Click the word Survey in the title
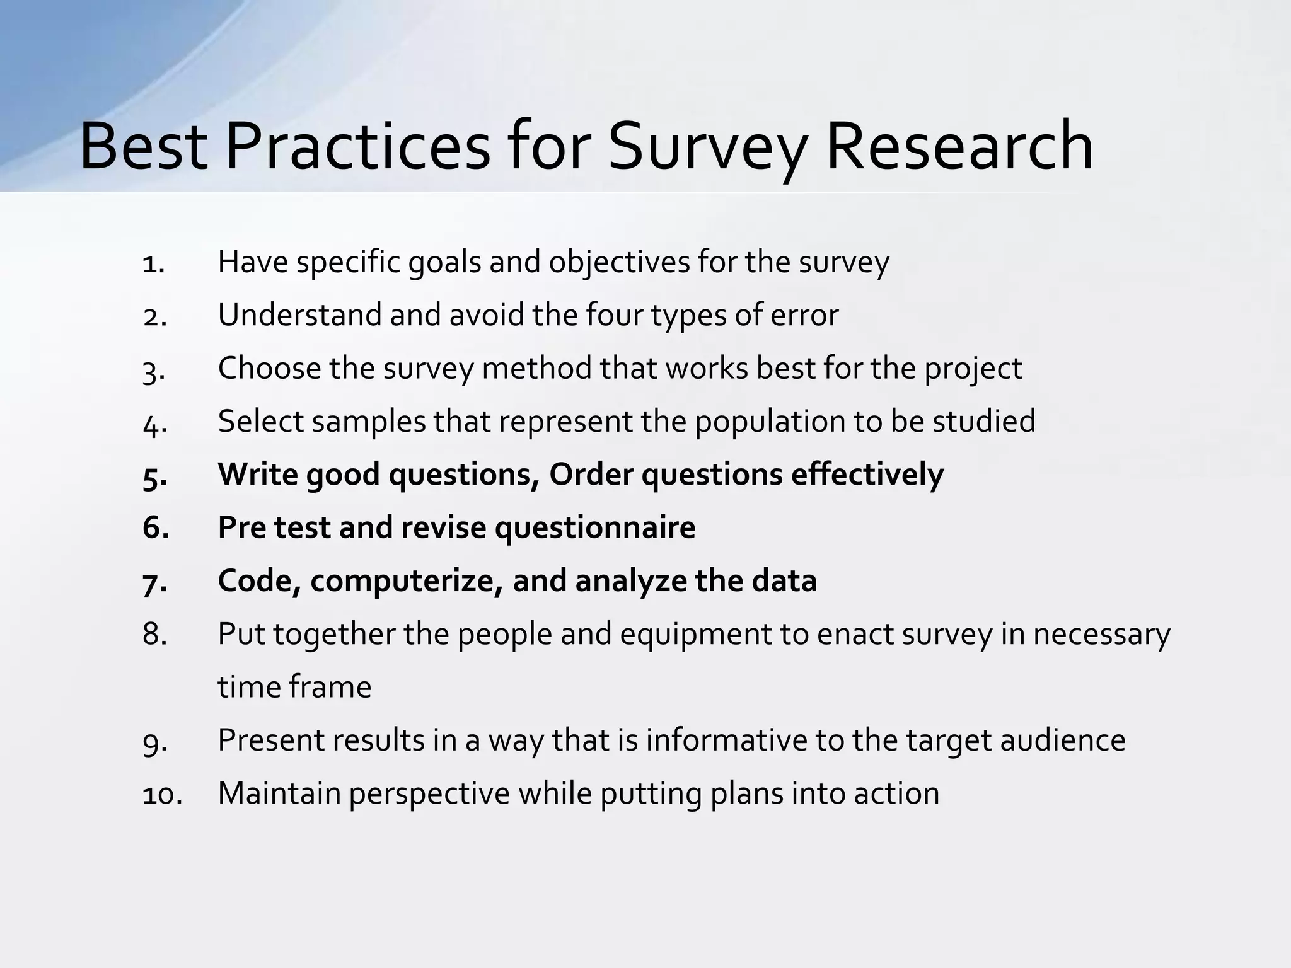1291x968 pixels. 707,147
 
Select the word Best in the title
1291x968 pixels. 143,147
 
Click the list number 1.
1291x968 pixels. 153,263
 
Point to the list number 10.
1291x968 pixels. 161,795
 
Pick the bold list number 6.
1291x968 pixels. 156,528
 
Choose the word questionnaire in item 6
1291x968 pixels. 595,528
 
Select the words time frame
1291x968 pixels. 294,687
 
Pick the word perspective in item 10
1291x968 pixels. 429,795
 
